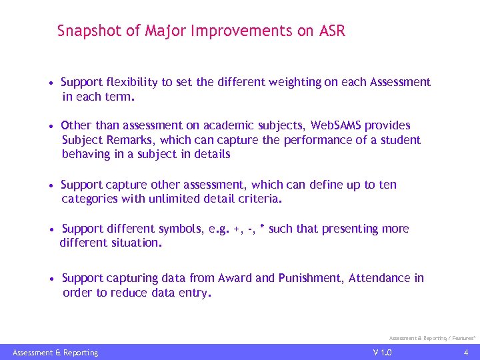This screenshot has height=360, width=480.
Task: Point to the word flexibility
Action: pos(131,82)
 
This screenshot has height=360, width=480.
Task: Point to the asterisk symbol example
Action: pos(262,228)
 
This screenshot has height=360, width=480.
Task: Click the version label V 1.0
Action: pos(383,352)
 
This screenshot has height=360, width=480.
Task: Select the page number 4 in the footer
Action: pos(466,352)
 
